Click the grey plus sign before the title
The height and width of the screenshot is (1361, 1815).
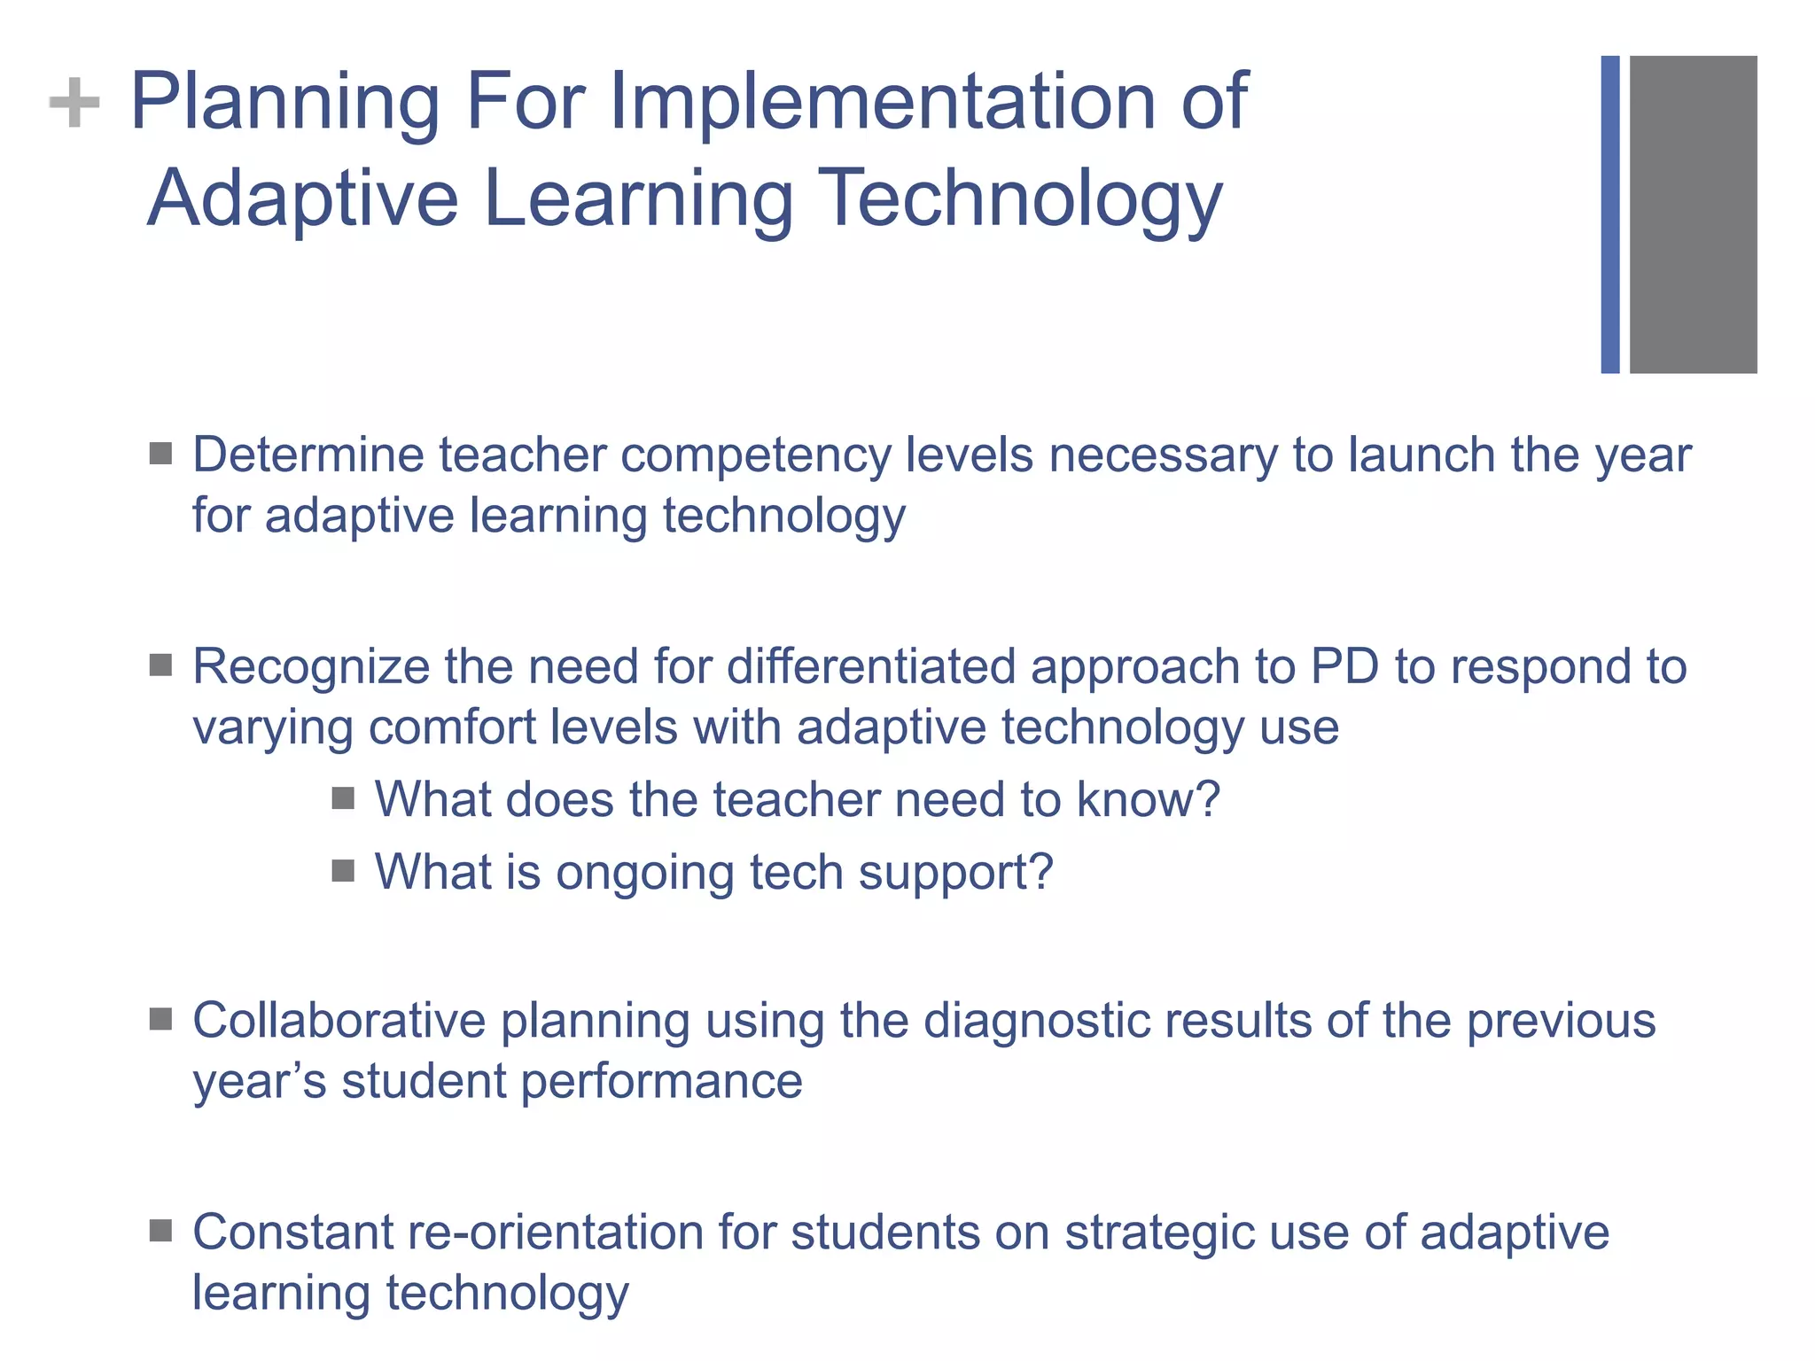[x=74, y=103]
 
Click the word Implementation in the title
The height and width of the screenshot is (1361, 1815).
[x=884, y=102]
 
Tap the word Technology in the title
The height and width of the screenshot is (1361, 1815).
[x=1019, y=199]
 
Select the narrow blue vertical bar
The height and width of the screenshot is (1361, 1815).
[x=1609, y=214]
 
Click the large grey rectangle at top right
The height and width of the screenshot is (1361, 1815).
[x=1693, y=214]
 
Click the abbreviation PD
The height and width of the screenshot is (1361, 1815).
[x=1344, y=666]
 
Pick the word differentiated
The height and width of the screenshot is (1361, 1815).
[x=870, y=666]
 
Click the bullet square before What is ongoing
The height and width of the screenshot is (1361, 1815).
[x=343, y=871]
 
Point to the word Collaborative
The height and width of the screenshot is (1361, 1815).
[x=339, y=1020]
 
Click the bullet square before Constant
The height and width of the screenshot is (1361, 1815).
[x=160, y=1231]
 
